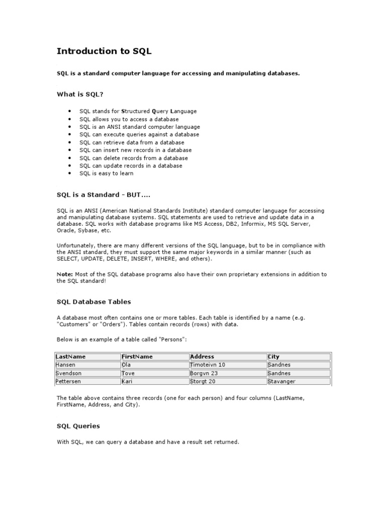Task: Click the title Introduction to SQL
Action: pos(104,51)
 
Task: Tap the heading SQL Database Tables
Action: pos(93,302)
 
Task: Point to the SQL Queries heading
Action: pos(78,426)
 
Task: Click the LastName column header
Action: pos(71,357)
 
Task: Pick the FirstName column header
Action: pos(137,357)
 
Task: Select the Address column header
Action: pos(202,357)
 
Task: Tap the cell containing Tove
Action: pos(129,373)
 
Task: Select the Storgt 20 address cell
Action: pos(203,382)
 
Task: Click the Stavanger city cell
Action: pos(283,382)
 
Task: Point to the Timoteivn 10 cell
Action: pos(208,365)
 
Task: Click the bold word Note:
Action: pos(65,274)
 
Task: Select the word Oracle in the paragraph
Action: pos(65,230)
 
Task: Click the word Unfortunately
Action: pos(76,245)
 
